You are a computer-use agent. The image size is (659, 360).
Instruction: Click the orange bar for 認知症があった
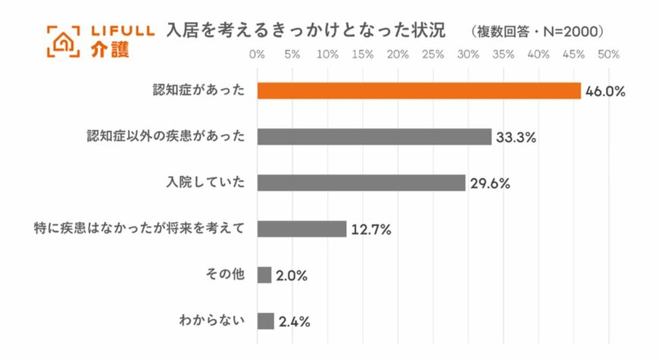click(419, 90)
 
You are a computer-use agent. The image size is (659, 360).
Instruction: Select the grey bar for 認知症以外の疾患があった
click(374, 136)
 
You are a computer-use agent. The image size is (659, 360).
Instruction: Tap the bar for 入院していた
click(361, 183)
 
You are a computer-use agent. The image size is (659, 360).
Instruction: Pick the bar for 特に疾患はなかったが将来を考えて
click(301, 229)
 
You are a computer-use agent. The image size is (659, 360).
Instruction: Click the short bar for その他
click(264, 275)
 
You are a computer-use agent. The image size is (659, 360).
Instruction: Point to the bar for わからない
click(266, 321)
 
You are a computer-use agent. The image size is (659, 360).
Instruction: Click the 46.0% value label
click(604, 92)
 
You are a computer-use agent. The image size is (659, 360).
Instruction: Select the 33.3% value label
click(516, 138)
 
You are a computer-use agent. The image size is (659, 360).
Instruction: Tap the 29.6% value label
click(489, 184)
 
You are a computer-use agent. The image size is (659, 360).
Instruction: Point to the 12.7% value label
click(370, 230)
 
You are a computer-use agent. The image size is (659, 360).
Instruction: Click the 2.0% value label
click(292, 277)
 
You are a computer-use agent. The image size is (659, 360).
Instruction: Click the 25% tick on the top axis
click(433, 55)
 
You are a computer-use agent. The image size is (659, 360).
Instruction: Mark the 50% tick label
click(609, 55)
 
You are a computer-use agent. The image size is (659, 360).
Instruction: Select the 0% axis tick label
click(257, 55)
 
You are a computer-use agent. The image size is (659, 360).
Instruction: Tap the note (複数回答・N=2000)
click(536, 32)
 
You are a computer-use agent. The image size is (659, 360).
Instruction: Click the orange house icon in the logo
click(64, 41)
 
